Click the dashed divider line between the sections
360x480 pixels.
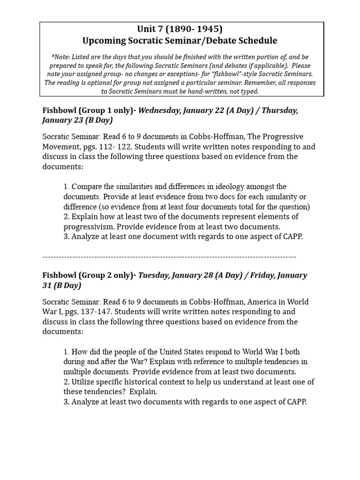tap(169, 256)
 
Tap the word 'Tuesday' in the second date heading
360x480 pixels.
tap(153, 275)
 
